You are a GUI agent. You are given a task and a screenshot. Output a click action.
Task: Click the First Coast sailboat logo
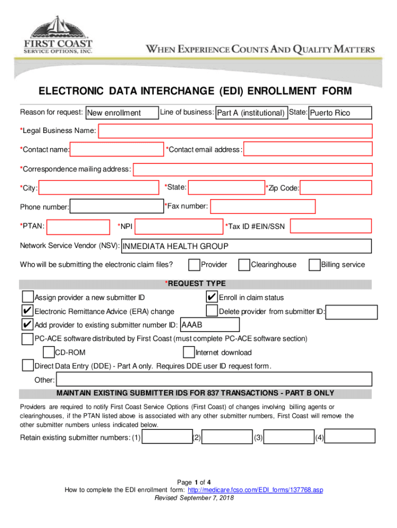58,29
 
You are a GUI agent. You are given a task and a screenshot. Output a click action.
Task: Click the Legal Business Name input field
235,131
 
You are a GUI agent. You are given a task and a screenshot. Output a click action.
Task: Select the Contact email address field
307,150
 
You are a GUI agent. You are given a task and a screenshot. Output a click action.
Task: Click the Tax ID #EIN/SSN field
331,226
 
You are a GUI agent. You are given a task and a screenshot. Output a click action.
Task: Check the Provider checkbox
194,265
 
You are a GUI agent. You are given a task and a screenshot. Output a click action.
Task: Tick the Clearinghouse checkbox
244,265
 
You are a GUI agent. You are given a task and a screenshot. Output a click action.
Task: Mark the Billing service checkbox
314,265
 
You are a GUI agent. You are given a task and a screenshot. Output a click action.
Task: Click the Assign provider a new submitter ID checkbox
27,297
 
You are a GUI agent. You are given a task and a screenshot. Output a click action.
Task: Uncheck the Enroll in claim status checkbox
211,297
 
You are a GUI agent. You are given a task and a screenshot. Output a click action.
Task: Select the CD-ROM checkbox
48,353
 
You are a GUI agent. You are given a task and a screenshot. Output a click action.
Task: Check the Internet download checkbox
189,353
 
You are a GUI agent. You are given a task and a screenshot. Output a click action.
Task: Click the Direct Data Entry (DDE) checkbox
27,366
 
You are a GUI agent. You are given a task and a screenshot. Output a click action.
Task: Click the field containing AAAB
209,325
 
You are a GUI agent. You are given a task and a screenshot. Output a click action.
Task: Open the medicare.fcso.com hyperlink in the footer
255,490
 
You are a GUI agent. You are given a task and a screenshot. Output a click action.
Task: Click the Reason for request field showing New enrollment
122,113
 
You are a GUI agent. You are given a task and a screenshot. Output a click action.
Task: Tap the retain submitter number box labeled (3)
288,437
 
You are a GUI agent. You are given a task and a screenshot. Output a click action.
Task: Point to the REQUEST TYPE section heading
195,284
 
